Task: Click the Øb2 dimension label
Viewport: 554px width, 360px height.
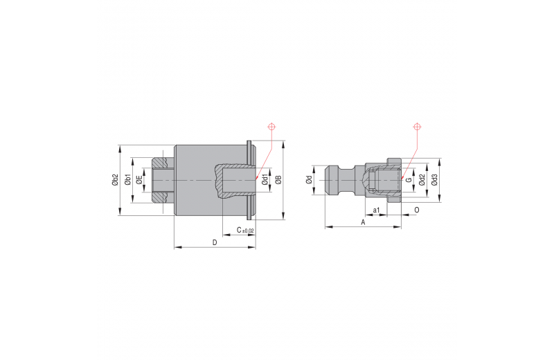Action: [115, 180]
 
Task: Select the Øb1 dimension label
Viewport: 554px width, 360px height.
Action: [128, 180]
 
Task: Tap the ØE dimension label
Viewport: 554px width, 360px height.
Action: [139, 180]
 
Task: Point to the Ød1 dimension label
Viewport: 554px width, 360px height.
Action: [265, 180]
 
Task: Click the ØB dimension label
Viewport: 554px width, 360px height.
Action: [278, 180]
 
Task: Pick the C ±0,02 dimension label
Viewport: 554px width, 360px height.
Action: [245, 231]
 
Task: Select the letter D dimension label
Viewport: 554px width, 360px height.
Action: [215, 242]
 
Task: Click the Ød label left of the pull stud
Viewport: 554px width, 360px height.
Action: [309, 180]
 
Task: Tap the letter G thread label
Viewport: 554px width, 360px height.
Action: [409, 180]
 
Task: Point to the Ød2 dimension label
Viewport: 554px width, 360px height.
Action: [422, 180]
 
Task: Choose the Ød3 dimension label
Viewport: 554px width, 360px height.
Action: [435, 180]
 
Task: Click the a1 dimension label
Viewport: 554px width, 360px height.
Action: [377, 210]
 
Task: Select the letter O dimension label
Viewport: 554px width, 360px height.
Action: [417, 210]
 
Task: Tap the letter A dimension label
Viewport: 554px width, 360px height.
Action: [363, 222]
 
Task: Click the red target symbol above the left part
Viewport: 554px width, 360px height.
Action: [271, 127]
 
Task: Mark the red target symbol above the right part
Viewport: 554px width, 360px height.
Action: [418, 127]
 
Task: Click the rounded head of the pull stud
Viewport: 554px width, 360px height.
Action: [332, 180]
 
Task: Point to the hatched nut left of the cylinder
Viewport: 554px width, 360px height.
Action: [163, 180]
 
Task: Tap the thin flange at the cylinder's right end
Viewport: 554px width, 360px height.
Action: [251, 180]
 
